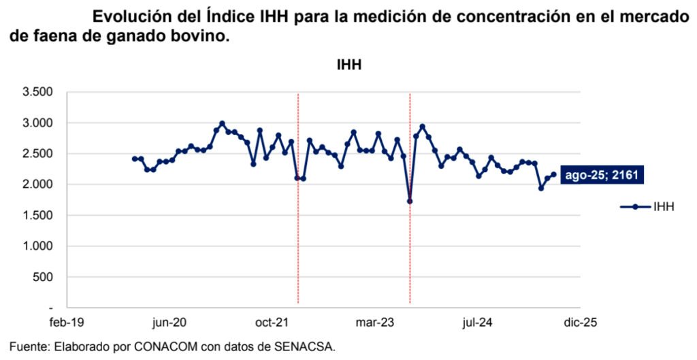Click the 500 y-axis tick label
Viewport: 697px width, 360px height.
click(44, 277)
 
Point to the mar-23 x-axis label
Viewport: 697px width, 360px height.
click(375, 322)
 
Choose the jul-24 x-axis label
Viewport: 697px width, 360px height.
click(476, 322)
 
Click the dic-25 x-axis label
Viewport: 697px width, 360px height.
click(579, 322)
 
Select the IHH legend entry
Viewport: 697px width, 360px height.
click(647, 207)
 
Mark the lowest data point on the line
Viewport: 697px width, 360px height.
click(410, 201)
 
